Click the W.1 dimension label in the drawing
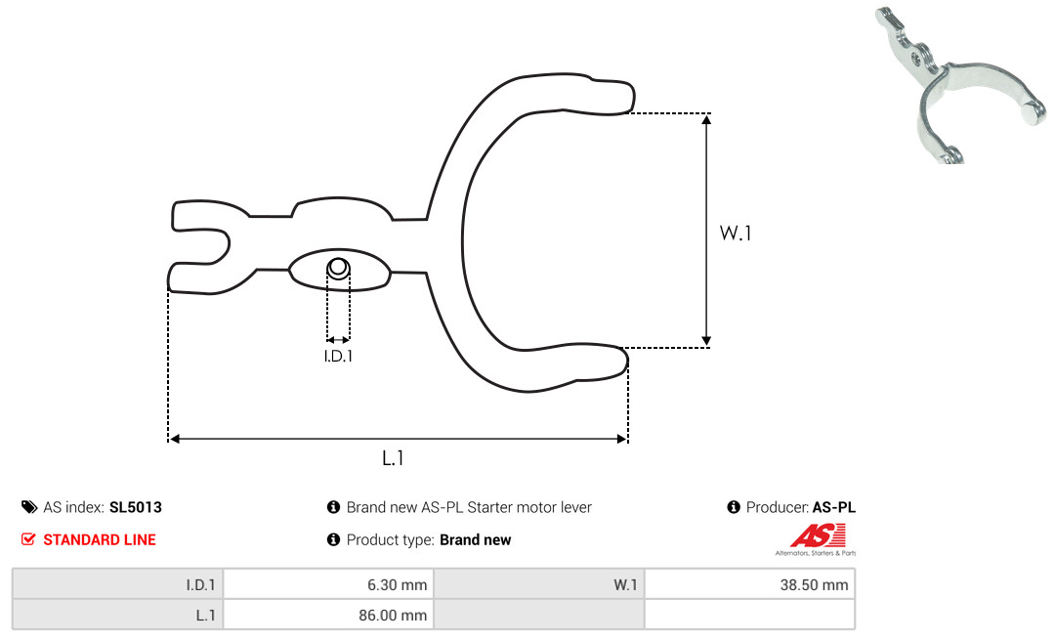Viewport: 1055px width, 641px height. click(x=736, y=233)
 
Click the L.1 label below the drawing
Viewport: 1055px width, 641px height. click(x=393, y=458)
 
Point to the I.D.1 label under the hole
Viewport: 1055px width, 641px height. click(x=338, y=356)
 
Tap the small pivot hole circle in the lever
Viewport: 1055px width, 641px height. click(x=338, y=268)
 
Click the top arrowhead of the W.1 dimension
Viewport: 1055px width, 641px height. click(x=706, y=120)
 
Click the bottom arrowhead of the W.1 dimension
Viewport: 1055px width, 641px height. click(x=706, y=341)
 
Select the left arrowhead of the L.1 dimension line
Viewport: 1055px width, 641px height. click(x=174, y=439)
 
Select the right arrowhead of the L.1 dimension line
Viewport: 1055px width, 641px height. click(x=621, y=439)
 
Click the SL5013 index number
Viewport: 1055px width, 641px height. click(x=135, y=507)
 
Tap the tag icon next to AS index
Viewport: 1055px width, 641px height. click(x=29, y=507)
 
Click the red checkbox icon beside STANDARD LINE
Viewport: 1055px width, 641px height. click(x=28, y=539)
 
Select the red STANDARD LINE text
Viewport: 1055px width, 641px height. click(x=100, y=540)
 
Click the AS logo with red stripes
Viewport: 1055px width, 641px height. click(x=817, y=539)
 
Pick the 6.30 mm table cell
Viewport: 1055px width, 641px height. click(x=329, y=584)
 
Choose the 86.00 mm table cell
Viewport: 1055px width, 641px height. click(x=329, y=615)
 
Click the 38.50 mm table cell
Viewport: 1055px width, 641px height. click(x=749, y=584)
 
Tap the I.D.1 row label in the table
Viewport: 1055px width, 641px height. click(x=200, y=585)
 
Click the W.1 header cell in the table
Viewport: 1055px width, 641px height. click(x=539, y=584)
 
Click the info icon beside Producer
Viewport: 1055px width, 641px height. click(x=734, y=507)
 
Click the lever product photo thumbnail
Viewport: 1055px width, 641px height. click(x=961, y=84)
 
